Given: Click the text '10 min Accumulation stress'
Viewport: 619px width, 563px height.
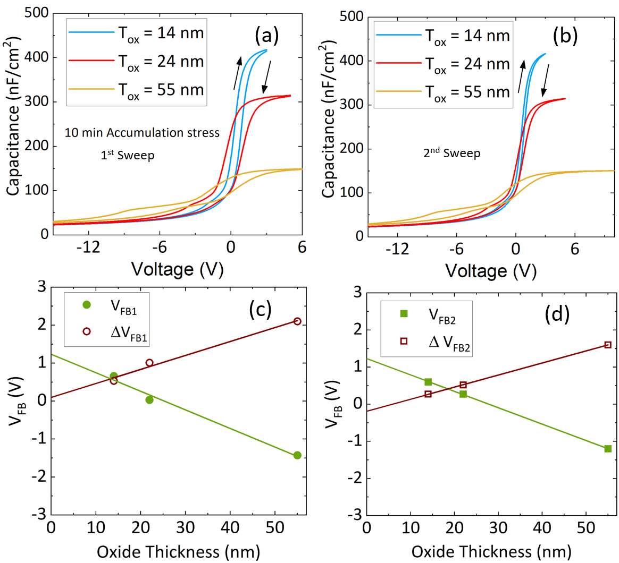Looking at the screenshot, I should click(x=142, y=133).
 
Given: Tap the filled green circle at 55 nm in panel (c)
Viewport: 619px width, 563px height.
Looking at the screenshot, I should click(x=297, y=455).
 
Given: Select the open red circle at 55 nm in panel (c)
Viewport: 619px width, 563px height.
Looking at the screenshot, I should click(x=297, y=321).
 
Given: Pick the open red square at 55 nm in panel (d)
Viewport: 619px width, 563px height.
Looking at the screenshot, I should click(x=607, y=345).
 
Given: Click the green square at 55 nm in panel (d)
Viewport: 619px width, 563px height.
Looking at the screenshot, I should click(x=607, y=449).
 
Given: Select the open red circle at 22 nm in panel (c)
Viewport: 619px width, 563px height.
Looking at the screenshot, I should click(x=149, y=363).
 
